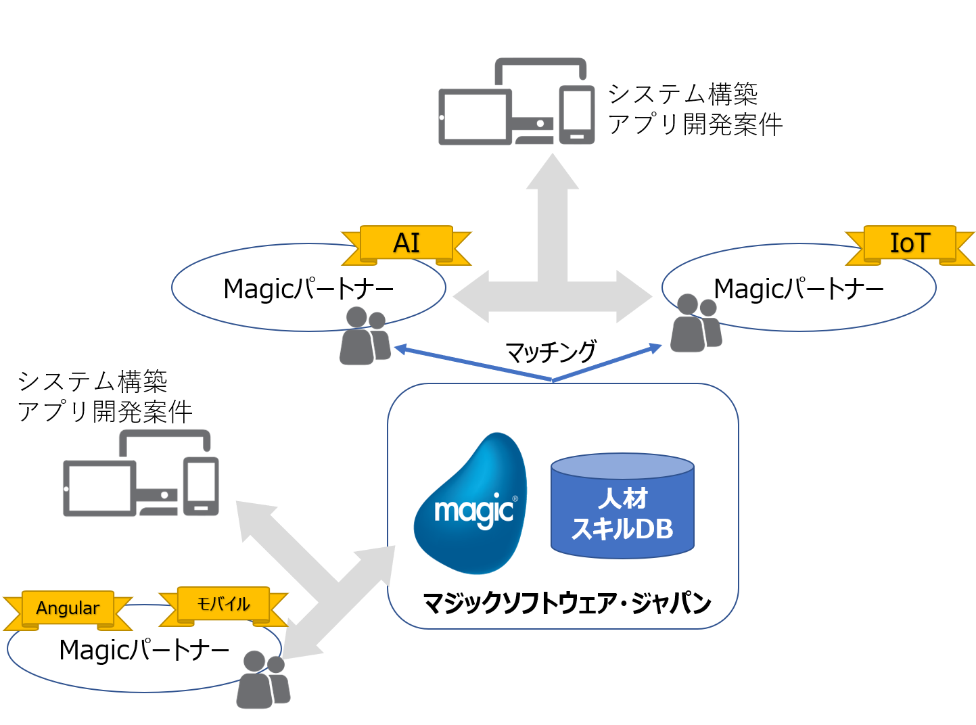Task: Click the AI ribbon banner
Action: coord(406,243)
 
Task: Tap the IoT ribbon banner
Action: coord(910,243)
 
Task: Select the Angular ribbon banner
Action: coord(68,609)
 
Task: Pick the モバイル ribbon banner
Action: coord(223,605)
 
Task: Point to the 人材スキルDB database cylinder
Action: coord(622,507)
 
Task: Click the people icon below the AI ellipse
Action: coord(364,337)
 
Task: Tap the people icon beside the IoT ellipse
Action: coord(695,324)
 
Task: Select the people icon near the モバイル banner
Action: coord(262,680)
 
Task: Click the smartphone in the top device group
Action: coord(577,115)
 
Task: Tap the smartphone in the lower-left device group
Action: coord(202,487)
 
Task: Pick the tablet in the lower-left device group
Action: coord(99,488)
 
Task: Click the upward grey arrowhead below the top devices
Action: coord(553,173)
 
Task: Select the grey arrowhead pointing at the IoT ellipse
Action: coord(634,296)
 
